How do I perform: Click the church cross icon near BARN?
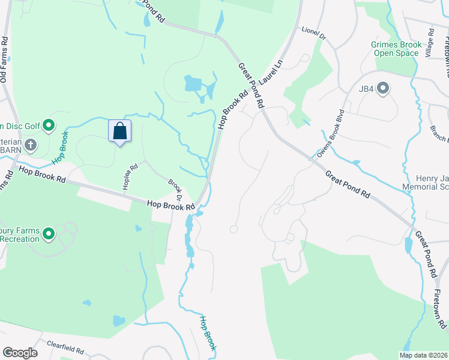[x=31, y=145]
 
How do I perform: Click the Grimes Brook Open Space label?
[x=394, y=49]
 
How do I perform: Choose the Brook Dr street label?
[x=175, y=189]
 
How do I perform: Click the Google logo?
[x=20, y=353]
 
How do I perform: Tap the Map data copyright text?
[x=424, y=355]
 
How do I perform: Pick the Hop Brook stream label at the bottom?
[x=208, y=333]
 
